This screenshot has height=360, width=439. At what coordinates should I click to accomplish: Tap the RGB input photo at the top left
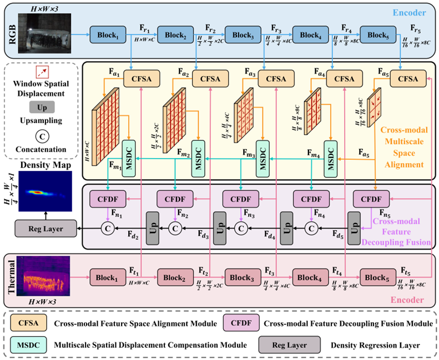point(44,33)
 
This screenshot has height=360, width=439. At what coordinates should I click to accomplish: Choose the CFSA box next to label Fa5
point(407,79)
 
